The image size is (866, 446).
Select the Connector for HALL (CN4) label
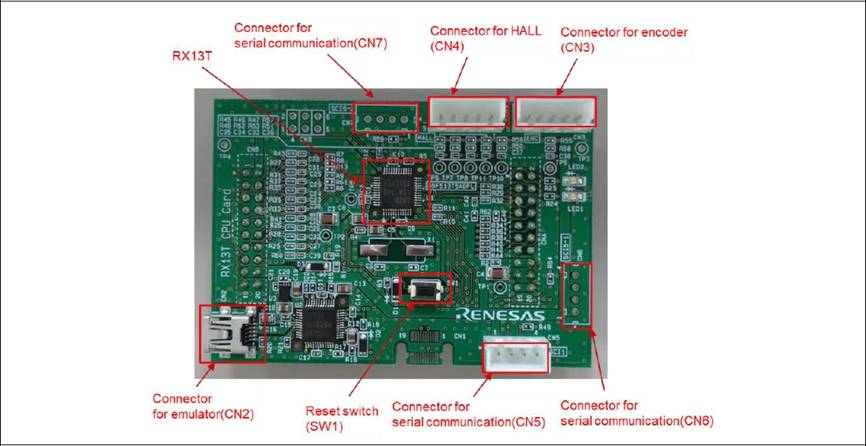coord(485,38)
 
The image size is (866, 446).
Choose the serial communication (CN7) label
coord(310,36)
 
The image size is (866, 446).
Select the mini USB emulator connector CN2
coord(230,333)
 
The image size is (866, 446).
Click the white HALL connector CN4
coord(468,112)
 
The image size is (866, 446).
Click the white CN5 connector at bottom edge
coord(515,355)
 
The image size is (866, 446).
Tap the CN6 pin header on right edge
coord(577,295)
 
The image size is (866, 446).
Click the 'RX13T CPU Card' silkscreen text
coord(226,232)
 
